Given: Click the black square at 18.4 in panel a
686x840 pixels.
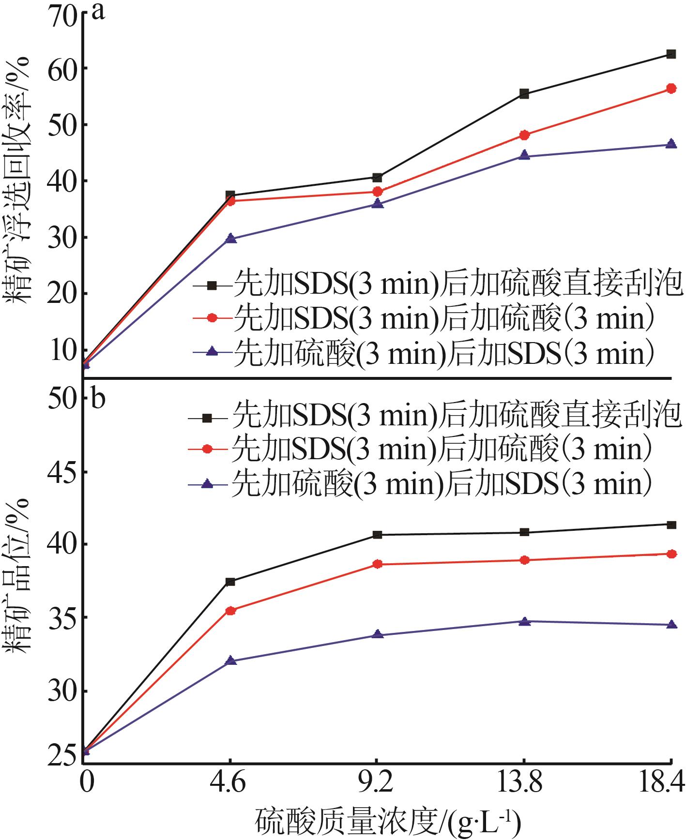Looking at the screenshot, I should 671,54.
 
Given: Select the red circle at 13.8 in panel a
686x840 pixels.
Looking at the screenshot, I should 524,135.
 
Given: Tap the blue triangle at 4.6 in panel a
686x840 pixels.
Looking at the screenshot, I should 231,239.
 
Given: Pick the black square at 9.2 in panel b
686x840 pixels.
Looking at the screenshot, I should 378,535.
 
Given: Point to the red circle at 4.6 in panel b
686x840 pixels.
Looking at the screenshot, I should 231,611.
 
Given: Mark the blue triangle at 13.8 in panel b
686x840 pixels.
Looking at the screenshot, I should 524,621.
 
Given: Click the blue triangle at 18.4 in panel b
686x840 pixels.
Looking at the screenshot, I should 671,625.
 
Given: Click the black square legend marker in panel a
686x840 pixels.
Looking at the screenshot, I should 211,286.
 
